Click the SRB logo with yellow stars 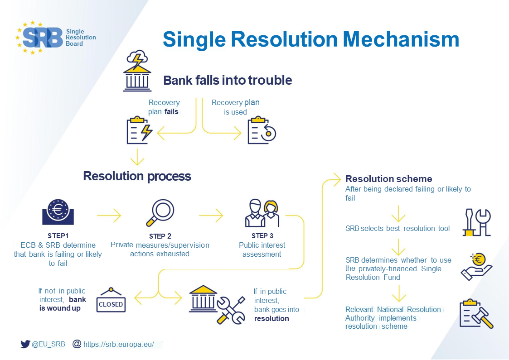point(41,38)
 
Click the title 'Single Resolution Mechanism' point(310,39)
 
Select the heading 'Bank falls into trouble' point(228,81)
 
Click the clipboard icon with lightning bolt point(139,130)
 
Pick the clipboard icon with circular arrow point(261,130)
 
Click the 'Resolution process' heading point(137,176)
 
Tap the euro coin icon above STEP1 point(58,211)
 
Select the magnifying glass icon point(160,212)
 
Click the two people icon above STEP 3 point(262,213)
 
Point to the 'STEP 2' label point(160,236)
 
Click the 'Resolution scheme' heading point(388,179)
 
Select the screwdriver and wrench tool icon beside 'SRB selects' point(476,222)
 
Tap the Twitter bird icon point(25,344)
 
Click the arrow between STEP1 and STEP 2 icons point(109,216)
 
